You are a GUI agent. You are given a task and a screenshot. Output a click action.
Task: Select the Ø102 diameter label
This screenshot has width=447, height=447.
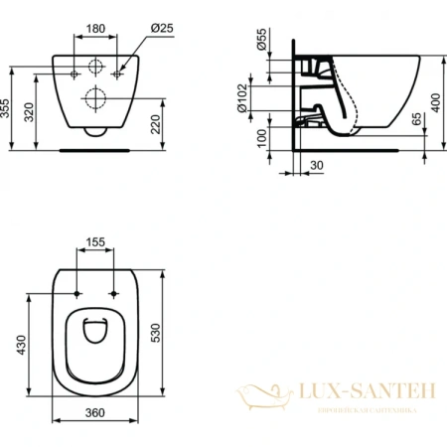261,98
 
